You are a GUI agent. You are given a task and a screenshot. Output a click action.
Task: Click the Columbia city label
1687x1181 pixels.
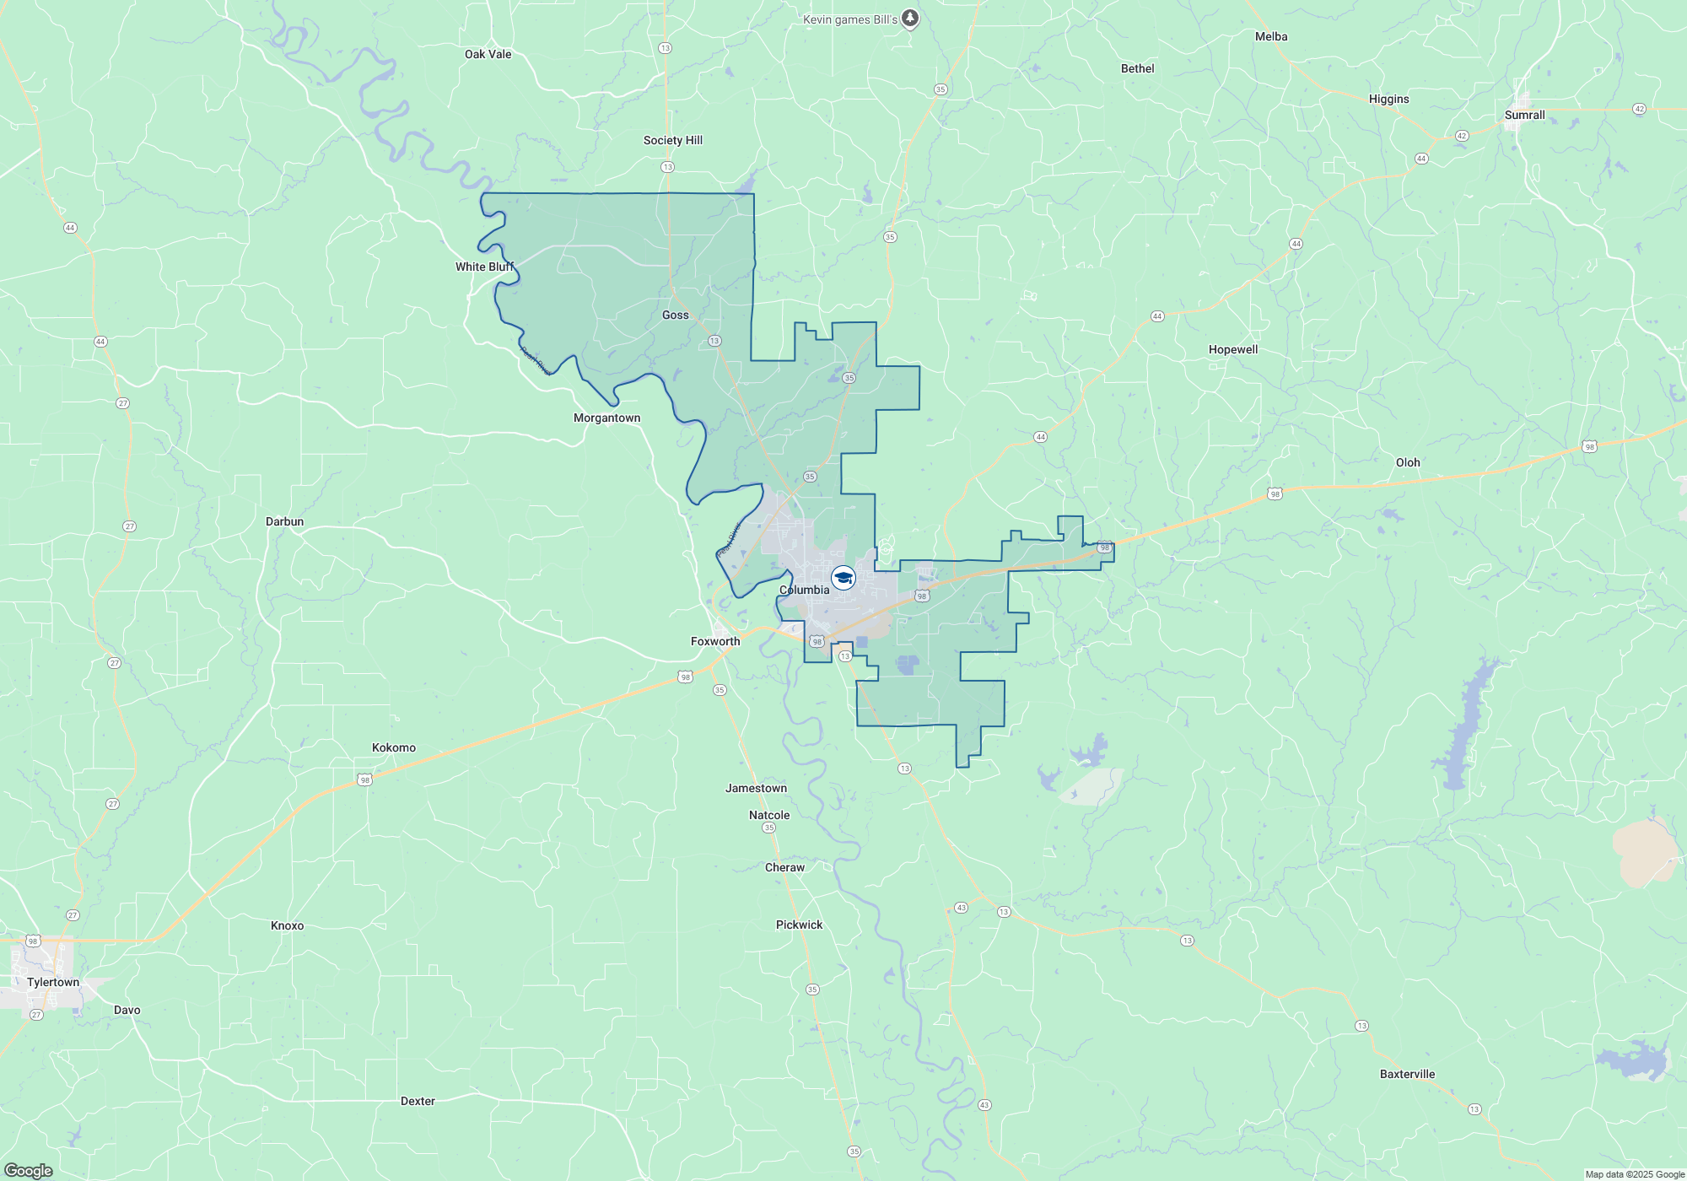[x=804, y=590]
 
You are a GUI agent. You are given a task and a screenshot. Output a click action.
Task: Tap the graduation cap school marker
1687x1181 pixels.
[x=843, y=578]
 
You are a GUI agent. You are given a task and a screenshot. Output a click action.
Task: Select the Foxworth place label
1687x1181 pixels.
[x=715, y=641]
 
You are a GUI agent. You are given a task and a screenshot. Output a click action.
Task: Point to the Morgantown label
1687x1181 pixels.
[x=606, y=418]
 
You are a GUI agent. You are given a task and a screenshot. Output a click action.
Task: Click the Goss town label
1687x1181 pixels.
[x=675, y=315]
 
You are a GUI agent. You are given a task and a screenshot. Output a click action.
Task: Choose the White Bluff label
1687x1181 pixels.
[x=484, y=267]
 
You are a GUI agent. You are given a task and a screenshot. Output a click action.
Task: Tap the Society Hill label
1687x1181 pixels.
[x=672, y=140]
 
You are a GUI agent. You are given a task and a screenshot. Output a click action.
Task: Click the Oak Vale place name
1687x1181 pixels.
[x=488, y=54]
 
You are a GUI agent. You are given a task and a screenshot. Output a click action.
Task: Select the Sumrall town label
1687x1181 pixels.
[x=1524, y=115]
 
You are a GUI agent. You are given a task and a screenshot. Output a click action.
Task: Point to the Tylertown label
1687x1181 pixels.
[x=53, y=982]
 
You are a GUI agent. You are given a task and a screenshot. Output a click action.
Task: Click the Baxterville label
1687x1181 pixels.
[x=1407, y=1074]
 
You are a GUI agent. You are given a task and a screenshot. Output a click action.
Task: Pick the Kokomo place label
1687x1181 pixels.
[x=394, y=747]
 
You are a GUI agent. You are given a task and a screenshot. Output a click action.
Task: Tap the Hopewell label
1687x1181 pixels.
[x=1232, y=349]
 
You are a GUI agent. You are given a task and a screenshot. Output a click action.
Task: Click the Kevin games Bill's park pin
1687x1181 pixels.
[x=910, y=18]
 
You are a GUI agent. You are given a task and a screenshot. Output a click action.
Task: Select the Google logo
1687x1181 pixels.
[x=29, y=1171]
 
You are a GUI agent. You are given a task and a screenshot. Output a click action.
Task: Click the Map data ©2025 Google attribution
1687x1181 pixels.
[x=1634, y=1174]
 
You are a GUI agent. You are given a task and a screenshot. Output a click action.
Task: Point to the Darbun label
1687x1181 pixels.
[x=284, y=521]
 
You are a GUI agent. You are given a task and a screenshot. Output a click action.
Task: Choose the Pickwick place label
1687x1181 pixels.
[x=799, y=925]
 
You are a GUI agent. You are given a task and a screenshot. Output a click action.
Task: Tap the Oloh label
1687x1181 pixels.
[x=1408, y=462]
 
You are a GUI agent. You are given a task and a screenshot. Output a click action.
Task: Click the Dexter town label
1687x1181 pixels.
[x=418, y=1101]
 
